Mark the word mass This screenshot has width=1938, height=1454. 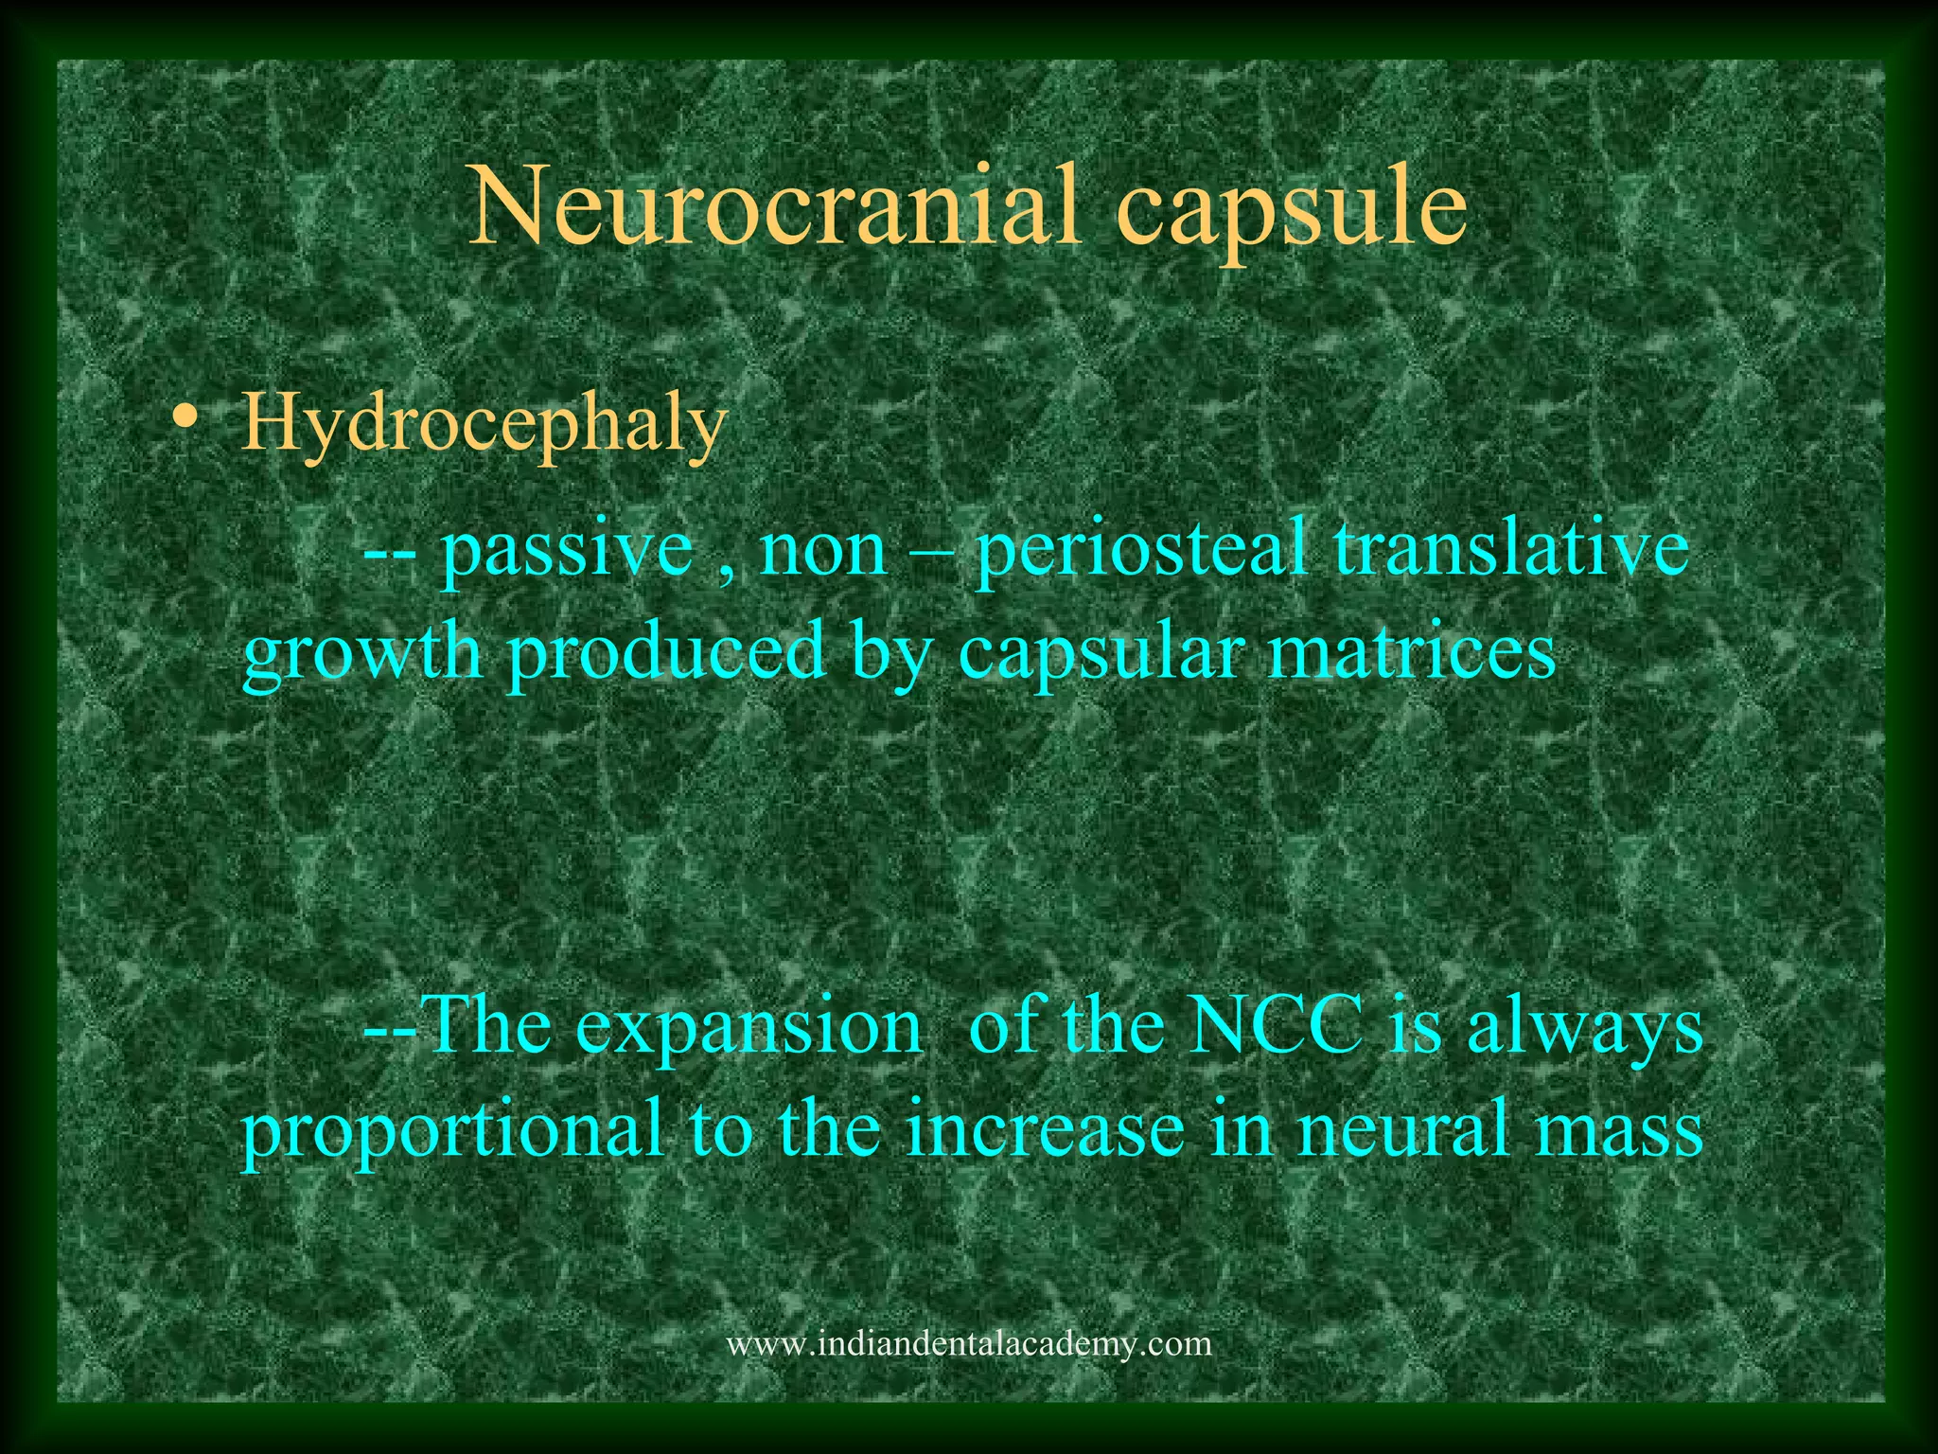click(1620, 1132)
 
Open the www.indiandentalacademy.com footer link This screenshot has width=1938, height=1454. click(968, 1343)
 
